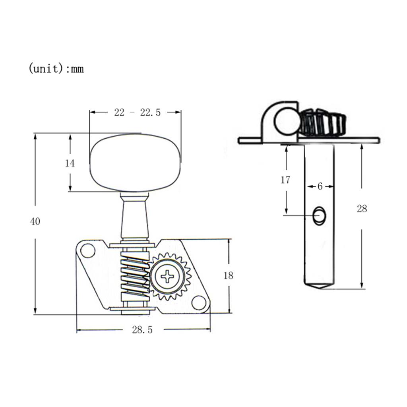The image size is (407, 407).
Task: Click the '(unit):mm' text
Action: (56, 69)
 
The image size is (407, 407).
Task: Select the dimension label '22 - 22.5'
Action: (137, 113)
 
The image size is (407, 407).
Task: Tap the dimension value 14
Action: (70, 163)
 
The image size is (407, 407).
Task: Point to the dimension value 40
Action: (35, 221)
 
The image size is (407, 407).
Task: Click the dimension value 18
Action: (228, 275)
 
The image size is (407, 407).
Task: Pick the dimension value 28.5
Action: (142, 330)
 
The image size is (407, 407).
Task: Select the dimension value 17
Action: (285, 180)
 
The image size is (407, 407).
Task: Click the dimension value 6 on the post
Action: (320, 186)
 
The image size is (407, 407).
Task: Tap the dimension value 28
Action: (362, 209)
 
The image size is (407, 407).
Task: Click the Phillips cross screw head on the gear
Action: (169, 276)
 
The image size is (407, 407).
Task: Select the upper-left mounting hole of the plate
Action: (88, 251)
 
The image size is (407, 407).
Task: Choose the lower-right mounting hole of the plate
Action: (199, 302)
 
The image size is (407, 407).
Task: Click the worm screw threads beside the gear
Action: (134, 274)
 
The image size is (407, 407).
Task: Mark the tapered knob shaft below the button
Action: (135, 217)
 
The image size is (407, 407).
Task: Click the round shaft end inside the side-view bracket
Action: (286, 122)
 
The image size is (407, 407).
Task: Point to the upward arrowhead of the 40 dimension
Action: (35, 136)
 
